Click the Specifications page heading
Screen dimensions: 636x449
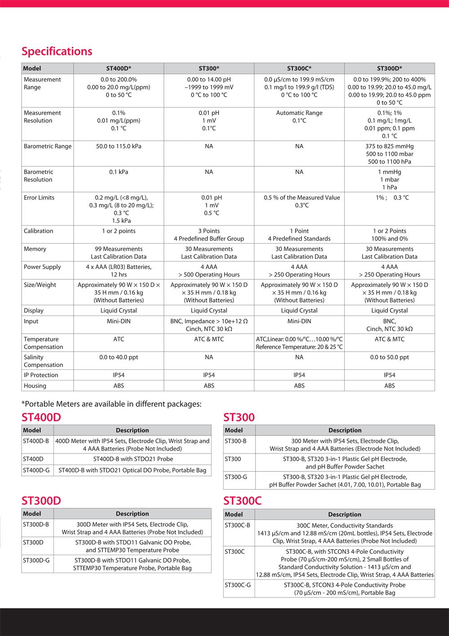click(x=57, y=51)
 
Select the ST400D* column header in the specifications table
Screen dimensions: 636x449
click(x=119, y=68)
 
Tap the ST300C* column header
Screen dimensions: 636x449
click(x=299, y=68)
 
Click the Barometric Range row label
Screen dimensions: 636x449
click(x=47, y=146)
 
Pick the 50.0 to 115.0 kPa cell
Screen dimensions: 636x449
click(x=119, y=146)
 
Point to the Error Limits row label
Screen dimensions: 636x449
click(x=39, y=197)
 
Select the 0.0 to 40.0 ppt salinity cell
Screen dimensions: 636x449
click(x=119, y=357)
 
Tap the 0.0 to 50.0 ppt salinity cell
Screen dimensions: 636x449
click(x=389, y=357)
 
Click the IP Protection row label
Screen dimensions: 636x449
click(x=41, y=375)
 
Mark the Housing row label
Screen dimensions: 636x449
click(x=35, y=386)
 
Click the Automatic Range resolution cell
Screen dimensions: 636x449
click(x=299, y=113)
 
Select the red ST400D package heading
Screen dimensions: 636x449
click(x=41, y=417)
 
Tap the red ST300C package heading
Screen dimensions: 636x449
click(x=242, y=501)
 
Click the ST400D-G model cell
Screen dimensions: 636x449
click(x=37, y=470)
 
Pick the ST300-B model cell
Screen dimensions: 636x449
click(x=236, y=441)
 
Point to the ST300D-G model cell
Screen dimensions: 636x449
click(x=36, y=560)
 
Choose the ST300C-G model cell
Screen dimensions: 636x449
click(x=238, y=585)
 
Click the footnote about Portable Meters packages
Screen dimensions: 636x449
click(x=111, y=404)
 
